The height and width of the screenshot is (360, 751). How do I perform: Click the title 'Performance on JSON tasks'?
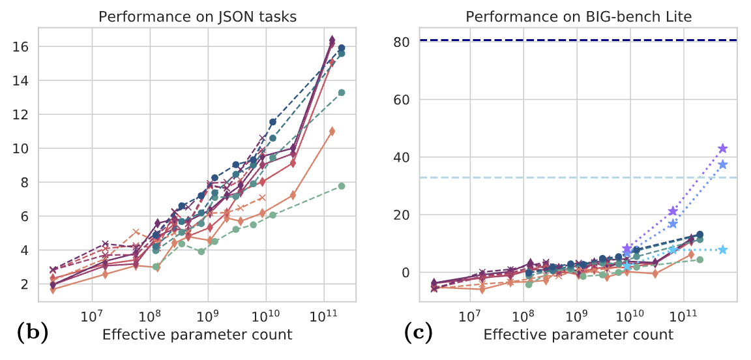(x=197, y=17)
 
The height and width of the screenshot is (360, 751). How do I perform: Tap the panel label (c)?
(x=416, y=335)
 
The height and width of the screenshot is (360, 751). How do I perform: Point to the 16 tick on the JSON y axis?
(x=20, y=47)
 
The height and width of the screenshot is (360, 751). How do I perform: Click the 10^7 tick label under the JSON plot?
(x=93, y=318)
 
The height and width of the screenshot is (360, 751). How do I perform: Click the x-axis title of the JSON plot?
(x=197, y=335)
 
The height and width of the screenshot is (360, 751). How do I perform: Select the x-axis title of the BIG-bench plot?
(x=578, y=335)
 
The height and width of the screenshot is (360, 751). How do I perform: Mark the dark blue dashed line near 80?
(x=522, y=40)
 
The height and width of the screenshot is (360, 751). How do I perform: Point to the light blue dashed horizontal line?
(x=522, y=177)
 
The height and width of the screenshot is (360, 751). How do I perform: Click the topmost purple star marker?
(x=722, y=149)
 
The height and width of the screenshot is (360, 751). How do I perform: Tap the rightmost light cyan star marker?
(x=722, y=250)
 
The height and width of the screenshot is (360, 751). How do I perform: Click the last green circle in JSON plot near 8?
(x=342, y=186)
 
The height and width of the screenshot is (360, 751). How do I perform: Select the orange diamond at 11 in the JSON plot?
(x=332, y=131)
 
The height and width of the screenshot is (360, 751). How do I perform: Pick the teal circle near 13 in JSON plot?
(x=342, y=93)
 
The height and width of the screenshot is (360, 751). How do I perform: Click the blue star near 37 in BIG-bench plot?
(x=722, y=164)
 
